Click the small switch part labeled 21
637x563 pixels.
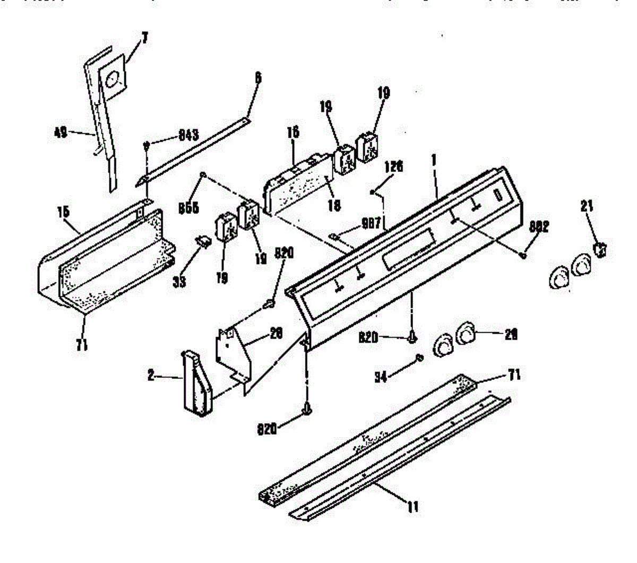[x=601, y=249]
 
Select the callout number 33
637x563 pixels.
[x=179, y=281]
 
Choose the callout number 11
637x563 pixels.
[x=412, y=507]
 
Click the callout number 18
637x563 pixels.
[x=334, y=205]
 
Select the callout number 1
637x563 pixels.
[x=435, y=174]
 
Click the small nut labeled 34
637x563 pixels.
[x=418, y=359]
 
